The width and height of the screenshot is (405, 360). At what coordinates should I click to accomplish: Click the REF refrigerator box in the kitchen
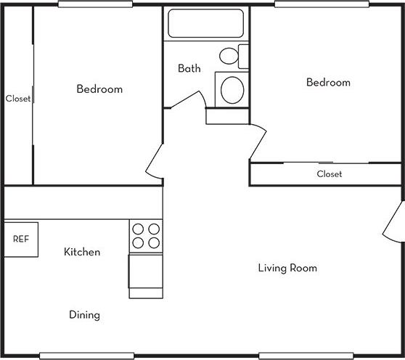[x=21, y=239]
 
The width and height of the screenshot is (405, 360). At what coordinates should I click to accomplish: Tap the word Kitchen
[x=82, y=252]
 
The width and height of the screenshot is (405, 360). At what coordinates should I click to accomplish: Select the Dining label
[x=84, y=315]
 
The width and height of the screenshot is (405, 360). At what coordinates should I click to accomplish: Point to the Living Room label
[x=287, y=268]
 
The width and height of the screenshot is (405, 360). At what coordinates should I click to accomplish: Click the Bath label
[x=189, y=69]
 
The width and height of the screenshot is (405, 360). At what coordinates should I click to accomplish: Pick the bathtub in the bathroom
[x=206, y=23]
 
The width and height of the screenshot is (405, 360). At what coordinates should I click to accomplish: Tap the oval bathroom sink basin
[x=232, y=90]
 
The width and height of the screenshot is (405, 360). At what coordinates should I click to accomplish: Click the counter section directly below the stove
[x=145, y=274]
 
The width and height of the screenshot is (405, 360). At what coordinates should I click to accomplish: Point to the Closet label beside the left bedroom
[x=17, y=99]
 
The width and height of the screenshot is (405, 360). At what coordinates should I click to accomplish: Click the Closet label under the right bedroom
[x=329, y=174]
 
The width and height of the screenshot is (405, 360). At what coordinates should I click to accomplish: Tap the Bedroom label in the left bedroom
[x=99, y=89]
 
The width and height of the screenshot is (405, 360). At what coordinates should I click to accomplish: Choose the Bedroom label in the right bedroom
[x=327, y=83]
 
